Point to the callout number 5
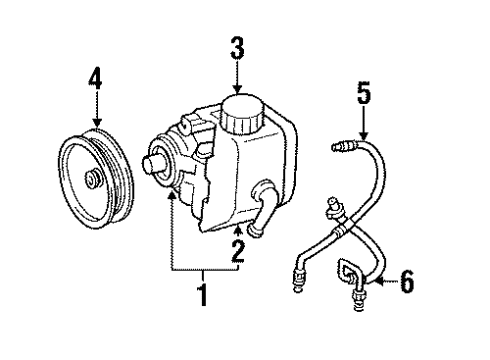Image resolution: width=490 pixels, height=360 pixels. [x=364, y=97]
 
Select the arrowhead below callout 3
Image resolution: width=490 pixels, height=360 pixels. [x=237, y=89]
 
